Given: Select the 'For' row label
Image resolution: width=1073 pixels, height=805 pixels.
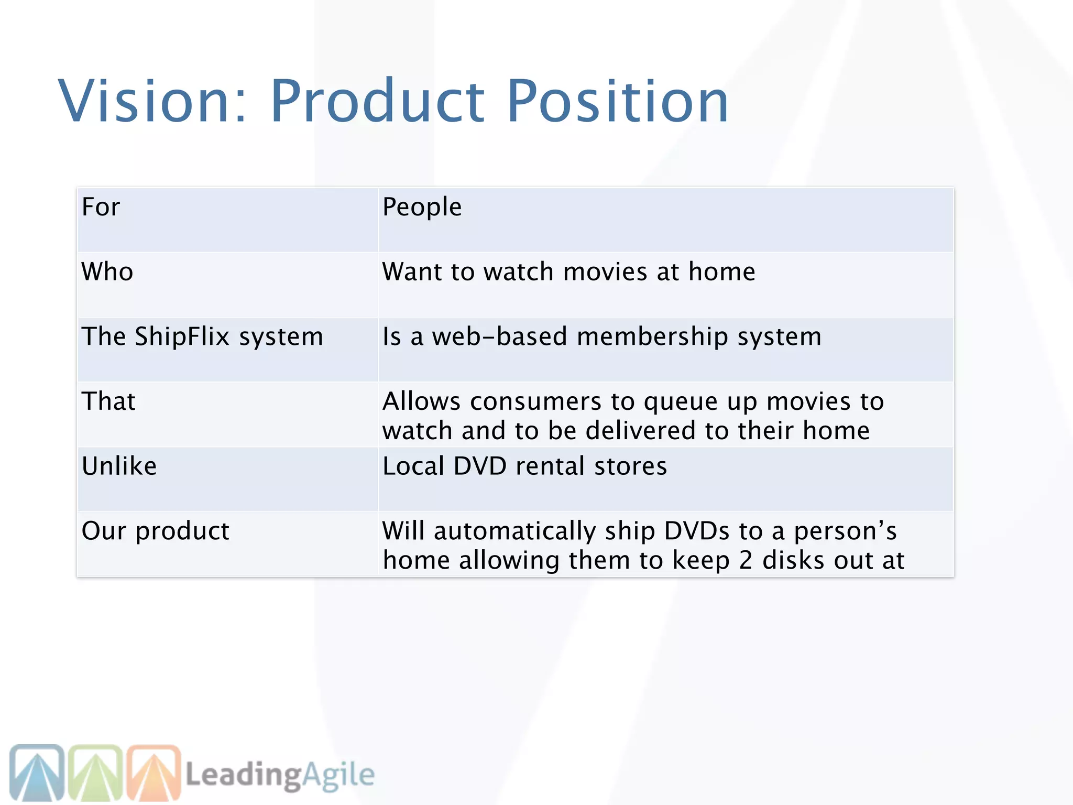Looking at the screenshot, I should click(x=101, y=207).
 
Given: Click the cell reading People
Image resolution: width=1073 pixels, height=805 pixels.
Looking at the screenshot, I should click(x=422, y=207).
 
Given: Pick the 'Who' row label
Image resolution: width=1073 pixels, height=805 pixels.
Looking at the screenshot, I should click(x=107, y=272).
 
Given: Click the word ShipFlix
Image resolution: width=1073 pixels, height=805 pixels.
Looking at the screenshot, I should click(x=182, y=336).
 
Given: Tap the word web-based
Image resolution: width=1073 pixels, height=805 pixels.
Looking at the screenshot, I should click(x=499, y=336).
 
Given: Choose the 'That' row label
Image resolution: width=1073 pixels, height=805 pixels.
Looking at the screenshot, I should click(x=108, y=401).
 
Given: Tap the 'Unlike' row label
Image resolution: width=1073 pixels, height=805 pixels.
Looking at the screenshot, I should click(x=119, y=466).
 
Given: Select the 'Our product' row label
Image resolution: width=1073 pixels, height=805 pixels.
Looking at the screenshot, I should click(x=156, y=531).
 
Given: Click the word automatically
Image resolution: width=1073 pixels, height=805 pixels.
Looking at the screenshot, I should click(x=514, y=531).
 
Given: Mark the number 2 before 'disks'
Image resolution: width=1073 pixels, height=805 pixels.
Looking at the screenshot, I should click(x=746, y=560).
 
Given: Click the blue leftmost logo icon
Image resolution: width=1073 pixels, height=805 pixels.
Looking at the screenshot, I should click(x=37, y=773).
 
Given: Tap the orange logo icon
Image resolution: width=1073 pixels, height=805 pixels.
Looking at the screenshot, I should click(x=154, y=773).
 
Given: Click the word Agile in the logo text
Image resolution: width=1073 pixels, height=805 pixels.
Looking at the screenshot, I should click(x=338, y=775).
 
